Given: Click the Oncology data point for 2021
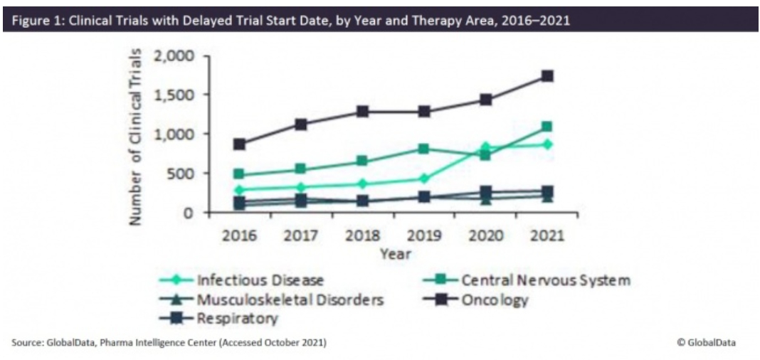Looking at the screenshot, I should [x=547, y=76].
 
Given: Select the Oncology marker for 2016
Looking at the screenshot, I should [x=239, y=144].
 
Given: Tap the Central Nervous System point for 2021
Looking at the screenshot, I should [x=547, y=127].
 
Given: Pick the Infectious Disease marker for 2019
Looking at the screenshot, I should [x=423, y=179].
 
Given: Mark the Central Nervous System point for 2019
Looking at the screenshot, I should [x=423, y=149].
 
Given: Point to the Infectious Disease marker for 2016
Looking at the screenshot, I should [x=239, y=190].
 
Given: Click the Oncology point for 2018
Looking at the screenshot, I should [x=362, y=112].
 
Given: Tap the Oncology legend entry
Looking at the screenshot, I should [x=495, y=299].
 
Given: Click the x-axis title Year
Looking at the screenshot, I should [x=394, y=254].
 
